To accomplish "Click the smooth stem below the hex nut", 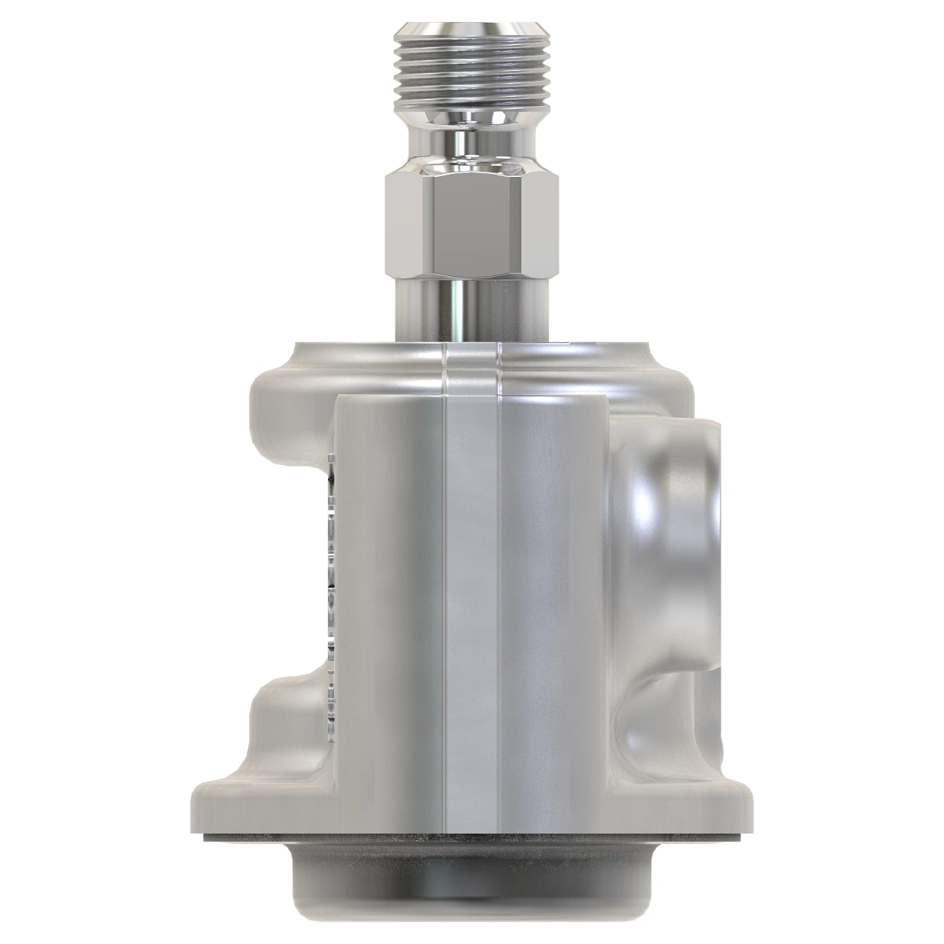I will click(471, 311).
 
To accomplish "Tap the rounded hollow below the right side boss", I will click(661, 724).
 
